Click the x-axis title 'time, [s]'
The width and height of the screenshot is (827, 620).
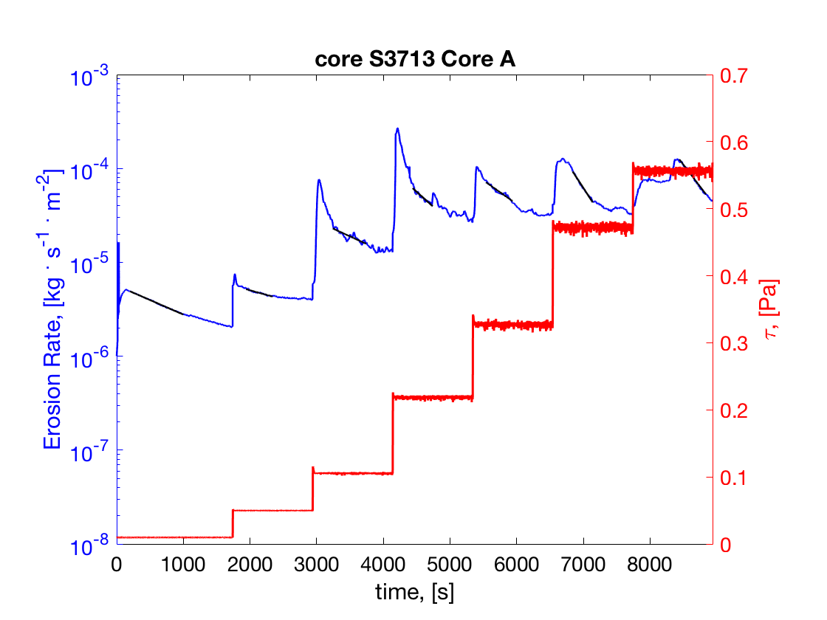pos(414,593)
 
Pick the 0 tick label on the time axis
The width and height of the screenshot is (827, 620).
pos(117,564)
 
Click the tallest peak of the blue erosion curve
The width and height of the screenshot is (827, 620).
pos(397,129)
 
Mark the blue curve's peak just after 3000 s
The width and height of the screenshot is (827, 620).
pos(319,180)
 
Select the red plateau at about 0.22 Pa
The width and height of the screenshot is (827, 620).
pos(433,398)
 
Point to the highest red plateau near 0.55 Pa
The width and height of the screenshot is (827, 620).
pos(672,172)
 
